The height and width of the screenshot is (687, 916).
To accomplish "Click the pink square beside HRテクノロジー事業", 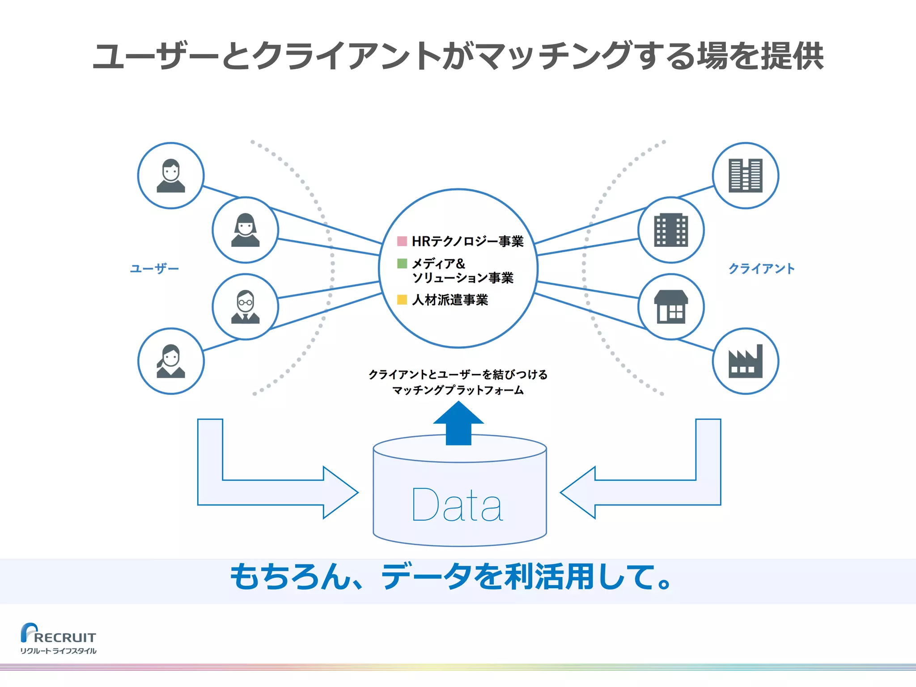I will (x=402, y=242).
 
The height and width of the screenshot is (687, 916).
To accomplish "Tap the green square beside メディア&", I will (x=402, y=263).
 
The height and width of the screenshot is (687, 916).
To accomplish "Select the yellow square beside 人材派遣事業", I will (x=402, y=300).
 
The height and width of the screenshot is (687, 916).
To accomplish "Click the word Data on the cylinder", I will (x=457, y=505).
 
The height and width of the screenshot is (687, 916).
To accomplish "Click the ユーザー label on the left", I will (x=154, y=269).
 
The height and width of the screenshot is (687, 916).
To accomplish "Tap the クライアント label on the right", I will (x=761, y=269).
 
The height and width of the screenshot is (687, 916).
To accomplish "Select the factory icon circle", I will (x=745, y=361).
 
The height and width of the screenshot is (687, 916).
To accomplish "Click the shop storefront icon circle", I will (x=671, y=307).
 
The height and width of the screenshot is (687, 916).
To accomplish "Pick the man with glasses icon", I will (x=245, y=307).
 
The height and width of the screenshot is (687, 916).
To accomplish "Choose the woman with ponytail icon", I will (x=170, y=361).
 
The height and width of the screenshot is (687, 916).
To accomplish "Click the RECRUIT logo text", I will (x=65, y=637).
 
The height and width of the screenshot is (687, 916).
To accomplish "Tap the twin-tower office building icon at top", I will (x=745, y=176).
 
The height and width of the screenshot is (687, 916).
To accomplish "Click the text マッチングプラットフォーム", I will (x=458, y=390).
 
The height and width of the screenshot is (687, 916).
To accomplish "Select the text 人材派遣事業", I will (x=450, y=300).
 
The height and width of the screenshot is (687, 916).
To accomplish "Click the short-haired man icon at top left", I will (x=170, y=176).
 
